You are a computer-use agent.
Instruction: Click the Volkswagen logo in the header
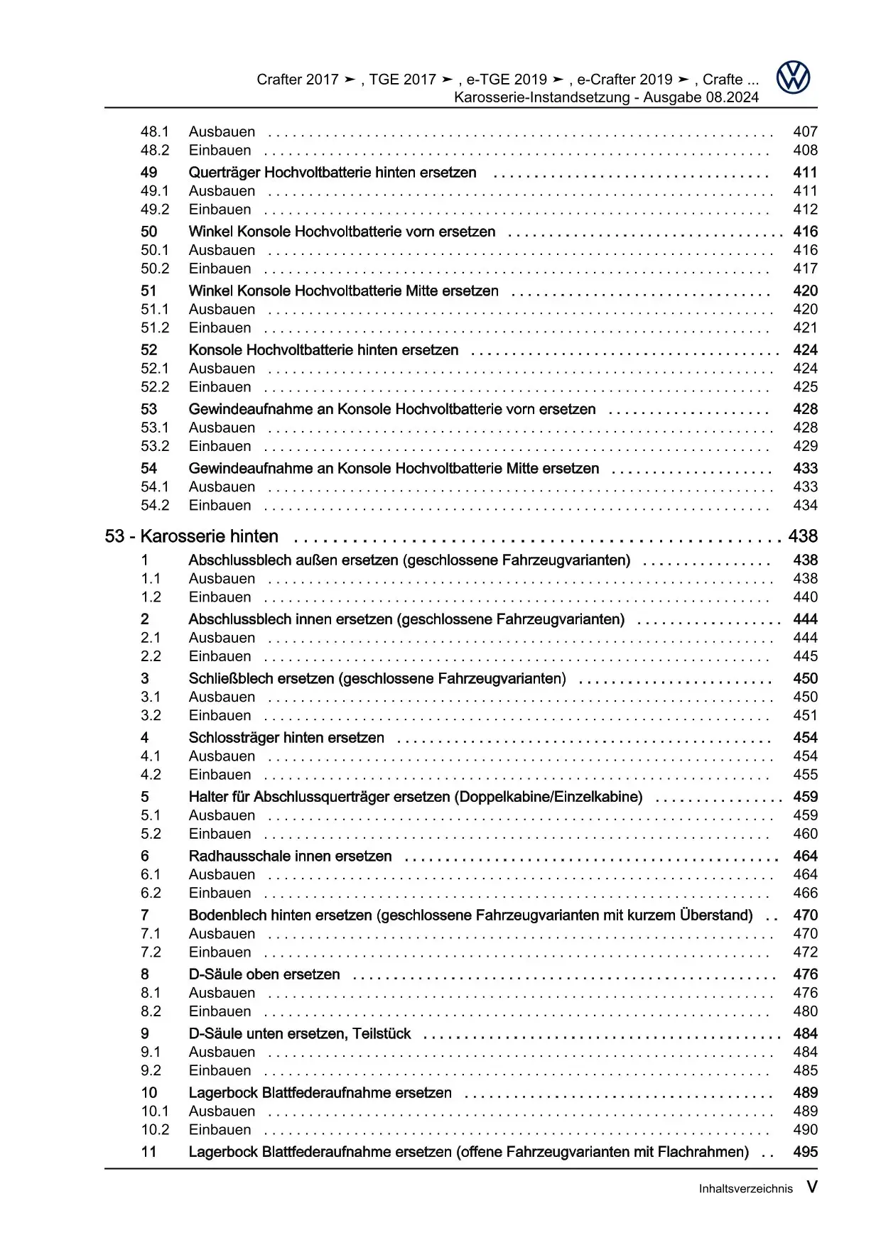pos(793,77)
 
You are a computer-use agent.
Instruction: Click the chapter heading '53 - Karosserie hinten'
pos(191,536)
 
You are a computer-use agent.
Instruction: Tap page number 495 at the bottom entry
pos(805,1152)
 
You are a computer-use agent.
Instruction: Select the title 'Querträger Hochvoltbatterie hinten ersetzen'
pos(332,173)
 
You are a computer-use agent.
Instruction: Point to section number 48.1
pos(154,131)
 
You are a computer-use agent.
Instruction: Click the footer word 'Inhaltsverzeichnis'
pos(745,1189)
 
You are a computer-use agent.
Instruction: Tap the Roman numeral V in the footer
pos(811,1187)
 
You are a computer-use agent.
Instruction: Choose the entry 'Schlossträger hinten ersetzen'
pos(286,738)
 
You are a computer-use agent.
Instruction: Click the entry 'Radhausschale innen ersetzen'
pos(290,857)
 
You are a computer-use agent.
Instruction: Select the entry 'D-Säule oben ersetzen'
pos(264,974)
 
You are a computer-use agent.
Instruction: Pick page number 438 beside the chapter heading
pos(803,536)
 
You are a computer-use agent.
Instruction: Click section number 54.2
pos(154,506)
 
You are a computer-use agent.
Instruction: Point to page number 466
pos(805,893)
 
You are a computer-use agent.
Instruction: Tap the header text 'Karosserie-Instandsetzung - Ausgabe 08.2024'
pos(606,97)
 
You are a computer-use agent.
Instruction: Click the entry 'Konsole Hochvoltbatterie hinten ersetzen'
pos(323,350)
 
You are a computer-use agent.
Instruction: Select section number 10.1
pos(154,1111)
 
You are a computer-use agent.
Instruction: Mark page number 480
pos(805,1011)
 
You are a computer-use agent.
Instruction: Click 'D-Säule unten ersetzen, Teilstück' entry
pos(299,1034)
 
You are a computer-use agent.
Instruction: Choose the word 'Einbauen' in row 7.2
pos(220,952)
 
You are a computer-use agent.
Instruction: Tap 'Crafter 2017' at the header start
pos(298,80)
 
